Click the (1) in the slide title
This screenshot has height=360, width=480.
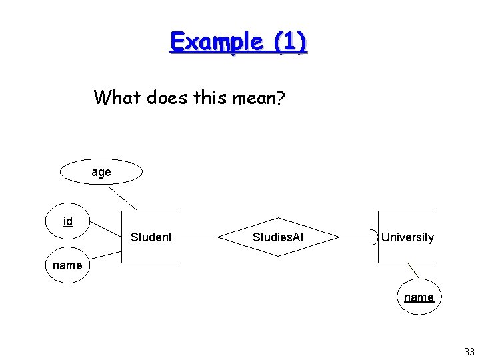click(x=288, y=42)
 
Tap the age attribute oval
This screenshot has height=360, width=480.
click(x=101, y=172)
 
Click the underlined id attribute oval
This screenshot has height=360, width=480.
click(x=68, y=222)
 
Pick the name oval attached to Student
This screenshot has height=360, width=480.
click(x=67, y=265)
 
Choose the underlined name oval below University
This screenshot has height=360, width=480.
click(x=419, y=297)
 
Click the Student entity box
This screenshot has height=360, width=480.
click(x=151, y=237)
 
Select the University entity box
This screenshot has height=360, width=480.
click(x=407, y=237)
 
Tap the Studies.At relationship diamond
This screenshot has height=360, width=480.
click(x=278, y=237)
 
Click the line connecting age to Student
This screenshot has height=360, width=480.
click(x=123, y=198)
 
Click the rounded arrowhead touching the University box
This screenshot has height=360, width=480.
click(x=372, y=237)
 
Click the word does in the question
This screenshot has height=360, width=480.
click(x=165, y=98)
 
